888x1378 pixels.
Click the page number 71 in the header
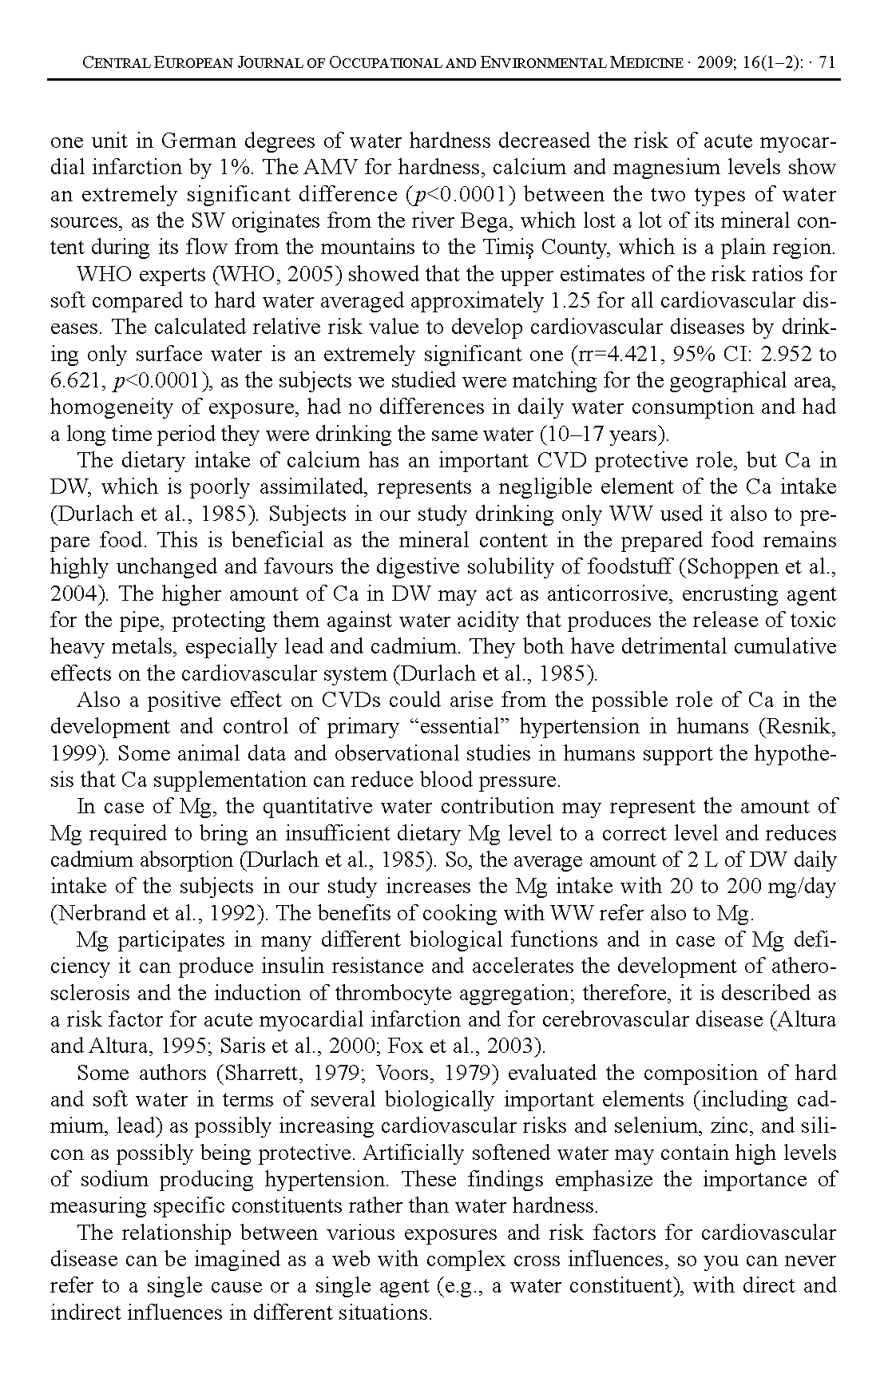point(827,63)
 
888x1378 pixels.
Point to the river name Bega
point(498,221)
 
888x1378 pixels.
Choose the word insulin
point(297,967)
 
